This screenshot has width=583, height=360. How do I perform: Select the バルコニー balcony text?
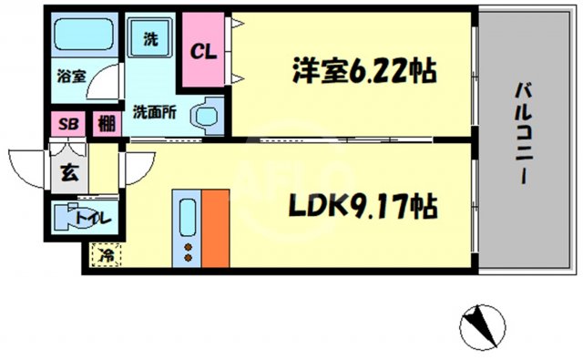[x=524, y=132]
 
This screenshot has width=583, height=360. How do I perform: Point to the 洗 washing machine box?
[x=151, y=39]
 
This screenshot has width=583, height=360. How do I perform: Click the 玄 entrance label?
[x=67, y=170]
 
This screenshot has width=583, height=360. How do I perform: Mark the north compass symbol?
[x=479, y=324]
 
